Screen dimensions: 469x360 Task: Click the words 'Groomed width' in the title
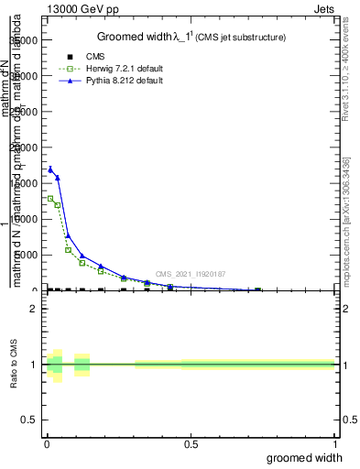[130, 37]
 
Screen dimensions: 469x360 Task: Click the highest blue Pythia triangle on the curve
[50, 169]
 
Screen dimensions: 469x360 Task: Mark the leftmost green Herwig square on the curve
[50, 198]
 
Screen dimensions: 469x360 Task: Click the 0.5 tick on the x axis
[191, 445]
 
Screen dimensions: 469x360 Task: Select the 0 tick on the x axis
[46, 445]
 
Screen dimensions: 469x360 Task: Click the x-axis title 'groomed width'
[305, 458]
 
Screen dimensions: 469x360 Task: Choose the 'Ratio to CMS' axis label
[15, 364]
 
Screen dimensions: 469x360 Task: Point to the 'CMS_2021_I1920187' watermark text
[190, 274]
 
